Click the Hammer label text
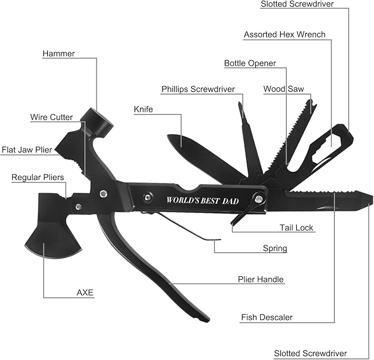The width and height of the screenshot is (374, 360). (59, 53)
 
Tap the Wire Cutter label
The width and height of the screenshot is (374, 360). (51, 117)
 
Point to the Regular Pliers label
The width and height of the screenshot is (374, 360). (37, 177)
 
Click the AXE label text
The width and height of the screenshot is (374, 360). (85, 292)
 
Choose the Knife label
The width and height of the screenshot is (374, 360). (143, 109)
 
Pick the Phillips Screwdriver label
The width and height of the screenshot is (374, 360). (198, 89)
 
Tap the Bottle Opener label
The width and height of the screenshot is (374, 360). (250, 63)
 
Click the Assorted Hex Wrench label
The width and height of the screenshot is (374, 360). (284, 35)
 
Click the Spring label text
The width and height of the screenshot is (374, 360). (275, 248)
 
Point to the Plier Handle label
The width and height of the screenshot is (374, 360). (261, 280)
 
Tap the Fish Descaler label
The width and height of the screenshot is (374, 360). (267, 317)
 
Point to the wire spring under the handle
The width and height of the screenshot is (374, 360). (182, 227)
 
